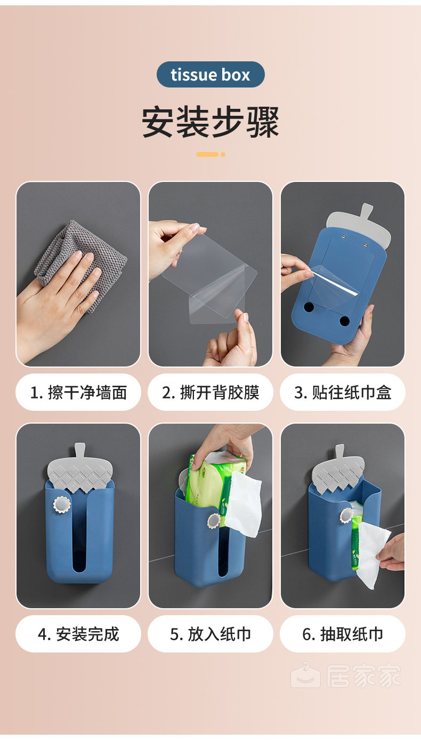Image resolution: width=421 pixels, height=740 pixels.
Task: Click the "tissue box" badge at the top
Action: pyautogui.click(x=210, y=74)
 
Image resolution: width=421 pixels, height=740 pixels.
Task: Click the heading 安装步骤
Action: pyautogui.click(x=210, y=122)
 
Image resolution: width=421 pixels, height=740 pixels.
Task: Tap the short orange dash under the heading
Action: pyautogui.click(x=207, y=154)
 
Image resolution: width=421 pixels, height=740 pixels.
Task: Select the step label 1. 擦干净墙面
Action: pyautogui.click(x=78, y=392)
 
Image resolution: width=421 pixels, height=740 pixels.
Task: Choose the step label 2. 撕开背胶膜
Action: pyautogui.click(x=210, y=392)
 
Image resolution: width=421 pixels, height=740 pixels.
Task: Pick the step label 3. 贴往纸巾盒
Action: pyautogui.click(x=343, y=392)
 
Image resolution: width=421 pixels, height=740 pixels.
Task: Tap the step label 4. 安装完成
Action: pyautogui.click(x=78, y=634)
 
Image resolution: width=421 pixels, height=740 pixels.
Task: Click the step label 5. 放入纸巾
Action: pyautogui.click(x=210, y=634)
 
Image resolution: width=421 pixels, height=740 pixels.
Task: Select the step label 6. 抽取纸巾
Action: pyautogui.click(x=343, y=634)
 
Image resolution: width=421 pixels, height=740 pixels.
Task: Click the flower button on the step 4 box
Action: pyautogui.click(x=62, y=505)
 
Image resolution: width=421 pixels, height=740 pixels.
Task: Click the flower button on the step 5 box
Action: pyautogui.click(x=214, y=521)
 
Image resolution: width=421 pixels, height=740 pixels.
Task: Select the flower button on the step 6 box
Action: pyautogui.click(x=346, y=515)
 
